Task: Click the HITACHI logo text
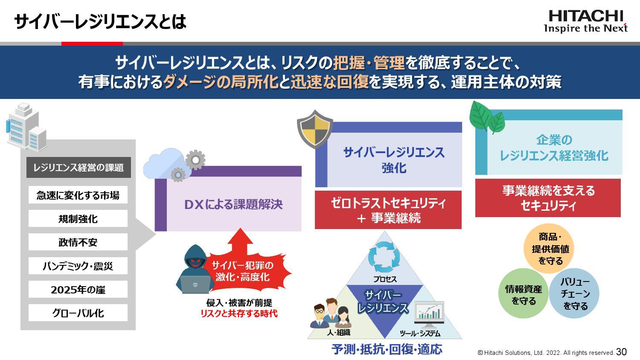[585, 16]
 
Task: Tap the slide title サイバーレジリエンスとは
[100, 21]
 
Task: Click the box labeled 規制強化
[78, 219]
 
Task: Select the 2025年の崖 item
[78, 290]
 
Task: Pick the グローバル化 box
[78, 313]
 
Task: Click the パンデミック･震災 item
[78, 266]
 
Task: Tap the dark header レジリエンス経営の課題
[79, 168]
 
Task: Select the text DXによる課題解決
[233, 205]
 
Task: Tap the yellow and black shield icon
[315, 129]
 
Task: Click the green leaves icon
[486, 117]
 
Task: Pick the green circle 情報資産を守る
[523, 294]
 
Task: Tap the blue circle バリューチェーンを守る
[574, 294]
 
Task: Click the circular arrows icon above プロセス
[384, 257]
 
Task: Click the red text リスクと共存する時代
[239, 314]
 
